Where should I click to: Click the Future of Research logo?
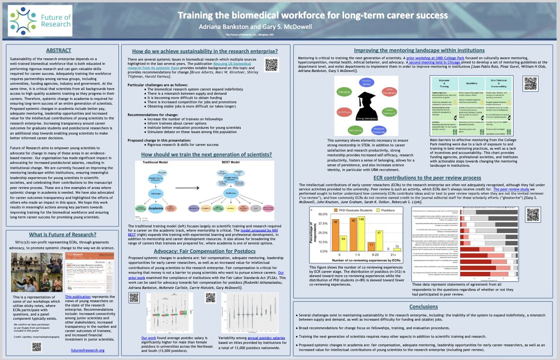(40, 21)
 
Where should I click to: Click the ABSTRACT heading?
(59, 50)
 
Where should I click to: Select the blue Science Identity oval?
(367, 82)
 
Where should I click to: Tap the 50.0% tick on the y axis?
(323, 214)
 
